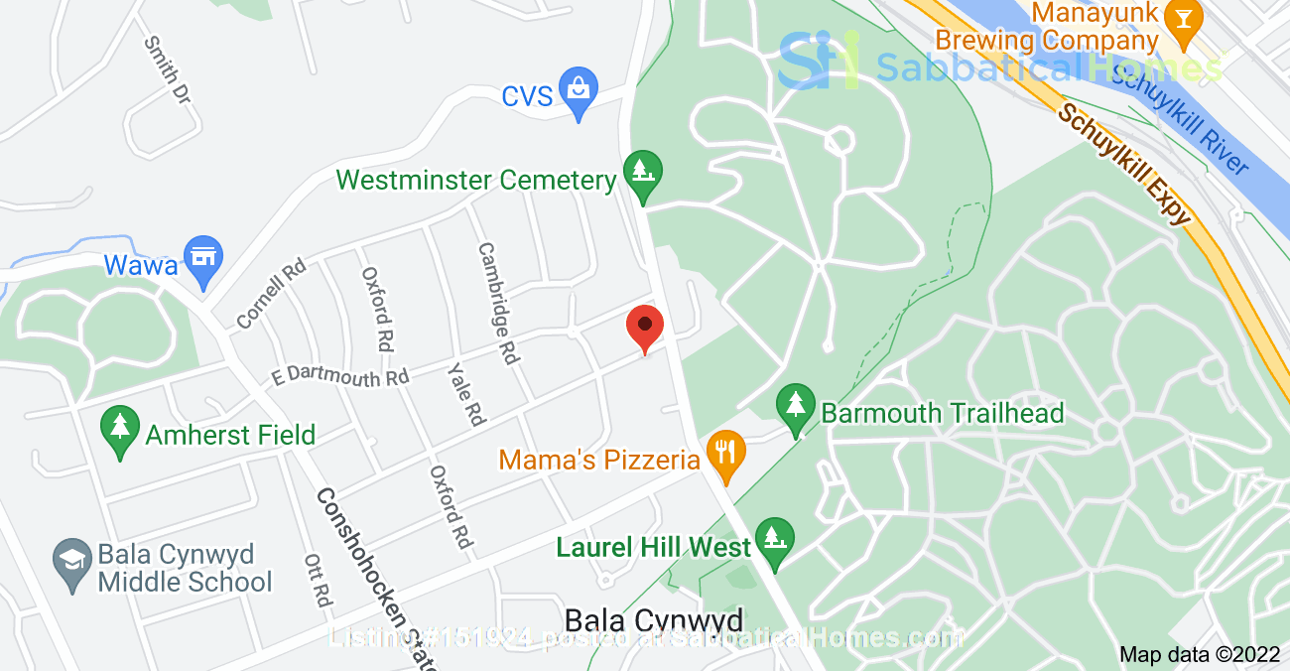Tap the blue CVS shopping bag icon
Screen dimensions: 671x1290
[x=577, y=92]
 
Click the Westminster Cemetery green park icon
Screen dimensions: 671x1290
[x=642, y=176]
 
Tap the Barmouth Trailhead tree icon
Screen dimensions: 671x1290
[x=794, y=409]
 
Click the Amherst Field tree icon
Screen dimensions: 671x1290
[x=120, y=432]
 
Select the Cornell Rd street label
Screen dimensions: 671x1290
[x=271, y=295]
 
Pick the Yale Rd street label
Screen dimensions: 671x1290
[x=465, y=394]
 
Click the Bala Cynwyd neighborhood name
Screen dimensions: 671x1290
[x=653, y=620]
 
